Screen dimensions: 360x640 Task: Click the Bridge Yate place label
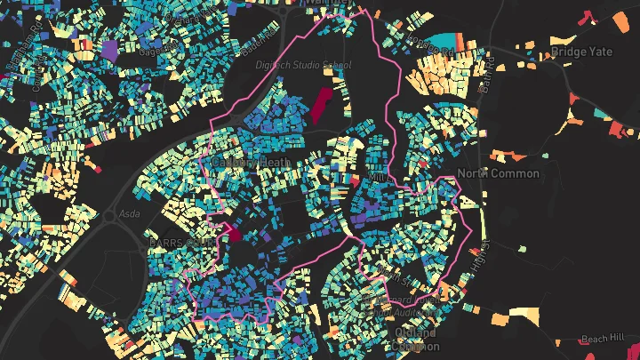[581, 52]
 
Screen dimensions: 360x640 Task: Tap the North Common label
[498, 172]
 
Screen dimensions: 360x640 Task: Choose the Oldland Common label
[414, 339]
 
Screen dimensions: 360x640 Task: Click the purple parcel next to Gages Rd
[109, 51]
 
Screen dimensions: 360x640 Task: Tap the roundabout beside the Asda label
[109, 215]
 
